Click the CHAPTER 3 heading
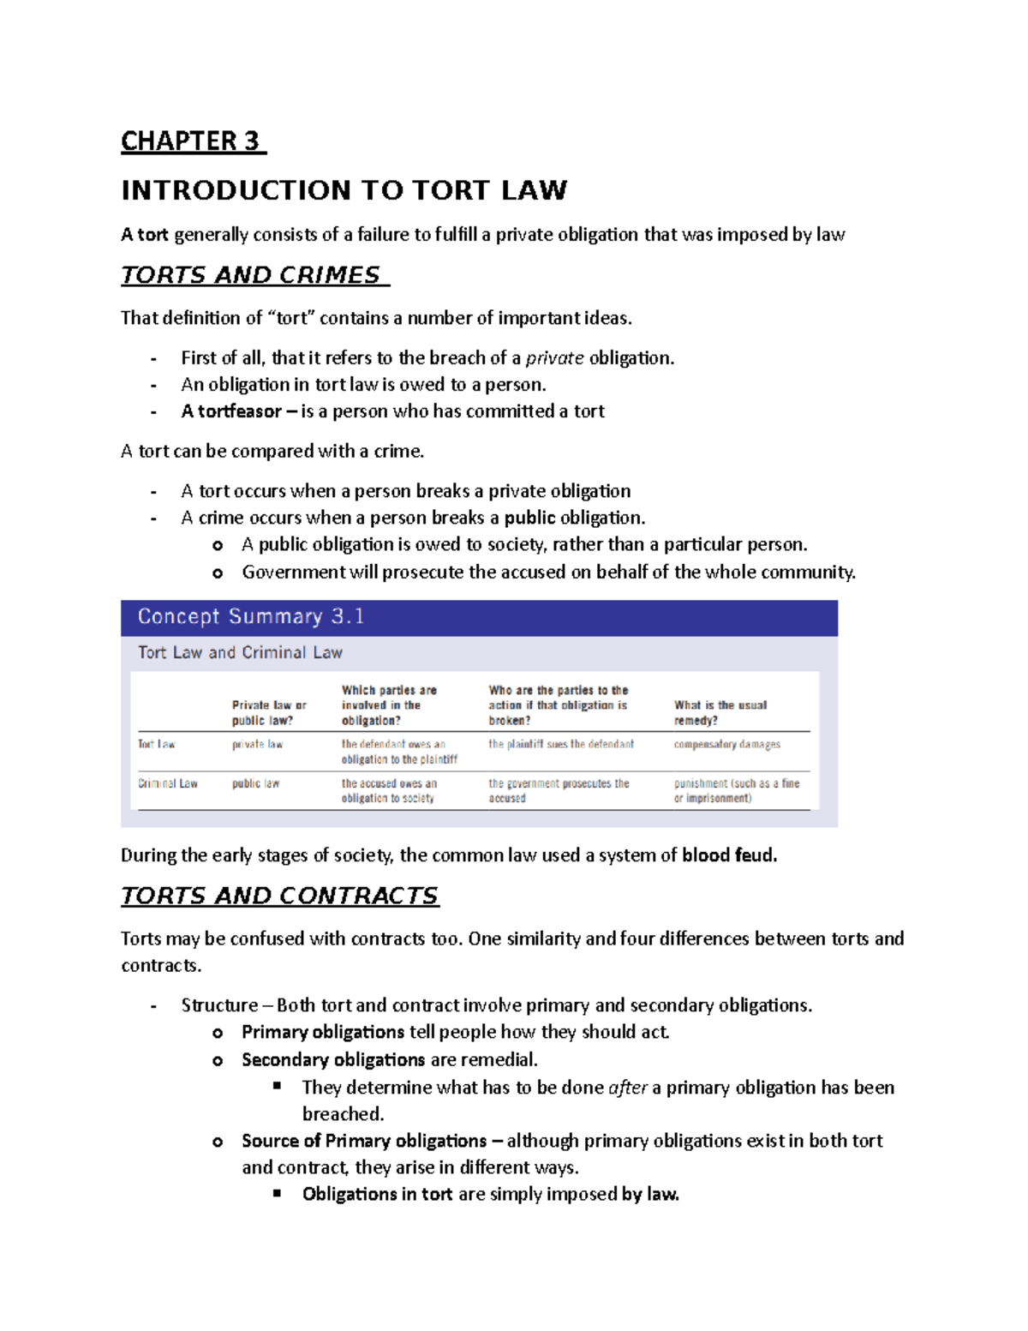point(193,141)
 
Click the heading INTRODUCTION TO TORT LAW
point(344,190)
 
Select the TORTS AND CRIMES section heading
point(254,275)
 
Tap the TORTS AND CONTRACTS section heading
point(279,896)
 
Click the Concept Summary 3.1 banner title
point(251,617)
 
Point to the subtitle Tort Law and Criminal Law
point(240,653)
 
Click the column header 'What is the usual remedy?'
point(720,712)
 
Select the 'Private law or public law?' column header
point(268,712)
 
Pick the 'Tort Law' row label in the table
point(157,744)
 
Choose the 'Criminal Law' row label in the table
point(168,783)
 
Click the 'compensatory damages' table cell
point(726,744)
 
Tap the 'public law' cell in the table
point(255,783)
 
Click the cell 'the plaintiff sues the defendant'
point(561,744)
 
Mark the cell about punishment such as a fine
point(736,790)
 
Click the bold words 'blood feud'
point(728,855)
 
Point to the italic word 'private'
point(554,358)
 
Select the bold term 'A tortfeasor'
point(230,411)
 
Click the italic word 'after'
point(627,1088)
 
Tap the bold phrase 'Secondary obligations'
point(333,1060)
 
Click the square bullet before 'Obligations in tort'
point(278,1193)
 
